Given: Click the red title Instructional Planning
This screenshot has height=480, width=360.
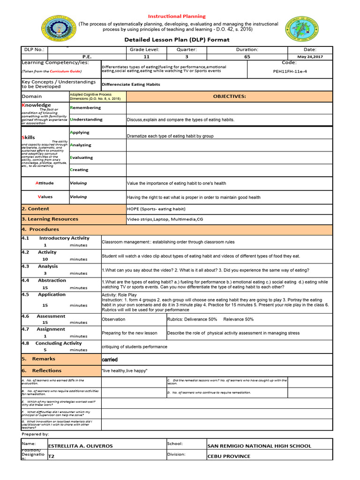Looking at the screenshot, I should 177,16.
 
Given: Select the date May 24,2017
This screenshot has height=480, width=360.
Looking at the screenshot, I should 309,56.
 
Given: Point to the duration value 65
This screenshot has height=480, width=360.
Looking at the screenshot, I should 247,56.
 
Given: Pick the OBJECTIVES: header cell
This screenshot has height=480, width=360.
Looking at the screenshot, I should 229,97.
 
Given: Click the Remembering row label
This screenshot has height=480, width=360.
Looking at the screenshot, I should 85,108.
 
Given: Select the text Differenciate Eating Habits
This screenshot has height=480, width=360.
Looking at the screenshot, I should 131,84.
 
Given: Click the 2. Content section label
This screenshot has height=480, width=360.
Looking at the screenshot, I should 36,209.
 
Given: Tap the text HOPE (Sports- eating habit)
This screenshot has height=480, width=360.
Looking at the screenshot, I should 156,209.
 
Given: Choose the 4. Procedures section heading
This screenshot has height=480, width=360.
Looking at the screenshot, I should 40,230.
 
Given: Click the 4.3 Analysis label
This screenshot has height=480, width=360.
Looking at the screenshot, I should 48,266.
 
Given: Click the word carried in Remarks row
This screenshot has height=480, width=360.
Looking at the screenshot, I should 110,360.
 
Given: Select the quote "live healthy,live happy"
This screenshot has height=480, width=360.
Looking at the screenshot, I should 125,371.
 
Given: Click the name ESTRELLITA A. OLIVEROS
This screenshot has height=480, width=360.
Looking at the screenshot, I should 81,446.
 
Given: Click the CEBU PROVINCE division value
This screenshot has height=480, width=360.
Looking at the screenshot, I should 229,456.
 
